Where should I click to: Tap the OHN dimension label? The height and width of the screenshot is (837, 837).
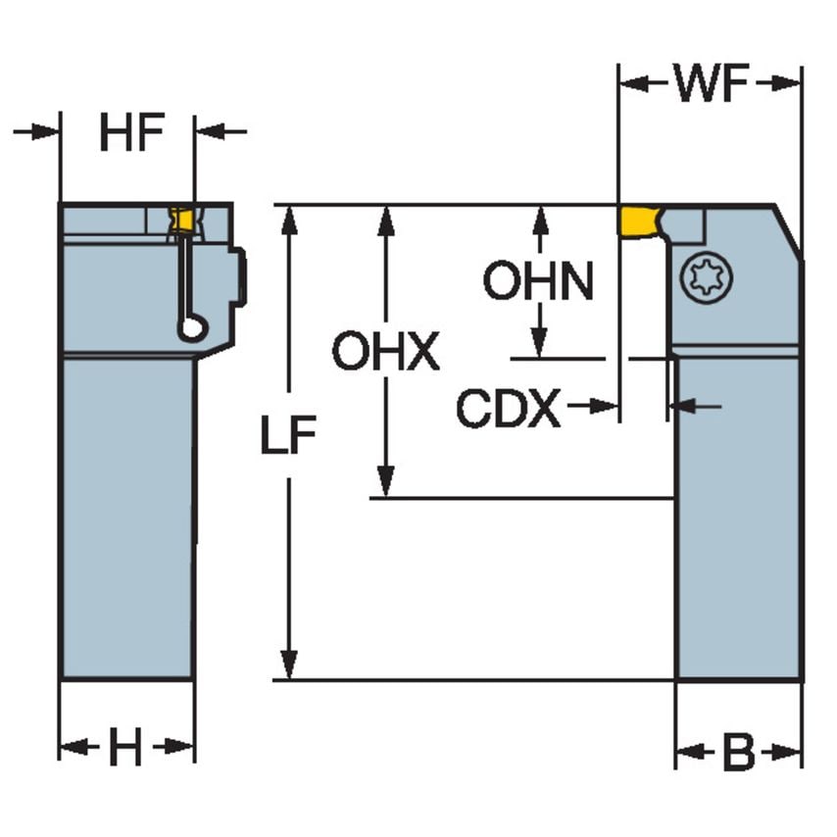[538, 282]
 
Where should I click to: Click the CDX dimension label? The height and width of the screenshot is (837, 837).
[509, 408]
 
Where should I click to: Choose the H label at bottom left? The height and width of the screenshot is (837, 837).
[124, 750]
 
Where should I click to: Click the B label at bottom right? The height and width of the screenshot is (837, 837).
[737, 754]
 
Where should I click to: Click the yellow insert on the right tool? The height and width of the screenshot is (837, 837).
[637, 221]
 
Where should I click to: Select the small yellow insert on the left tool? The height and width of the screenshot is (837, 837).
[180, 222]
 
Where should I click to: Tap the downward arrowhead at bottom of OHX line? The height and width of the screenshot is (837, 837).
[387, 485]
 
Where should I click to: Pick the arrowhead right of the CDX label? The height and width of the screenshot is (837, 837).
[609, 405]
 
